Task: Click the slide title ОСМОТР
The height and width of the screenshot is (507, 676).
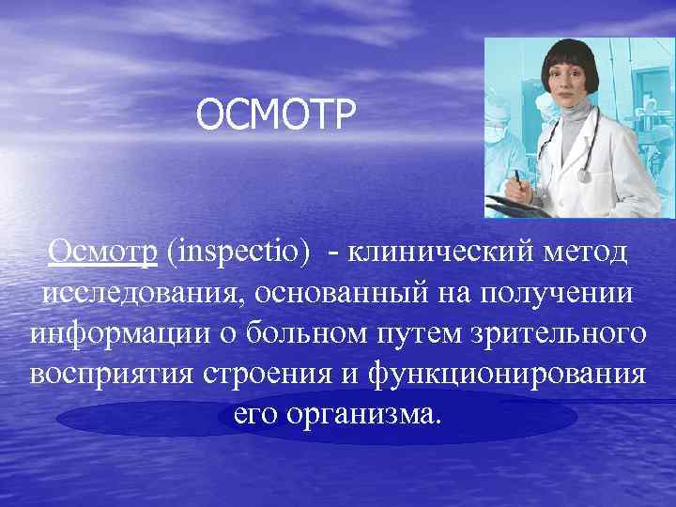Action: click(x=278, y=117)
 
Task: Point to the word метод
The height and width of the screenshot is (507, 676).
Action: click(x=588, y=253)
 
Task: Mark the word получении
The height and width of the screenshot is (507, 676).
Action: click(x=556, y=293)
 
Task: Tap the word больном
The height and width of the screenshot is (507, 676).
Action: click(x=292, y=333)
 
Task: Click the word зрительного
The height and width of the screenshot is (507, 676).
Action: click(x=549, y=333)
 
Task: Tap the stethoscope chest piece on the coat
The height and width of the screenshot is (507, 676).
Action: click(x=584, y=175)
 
